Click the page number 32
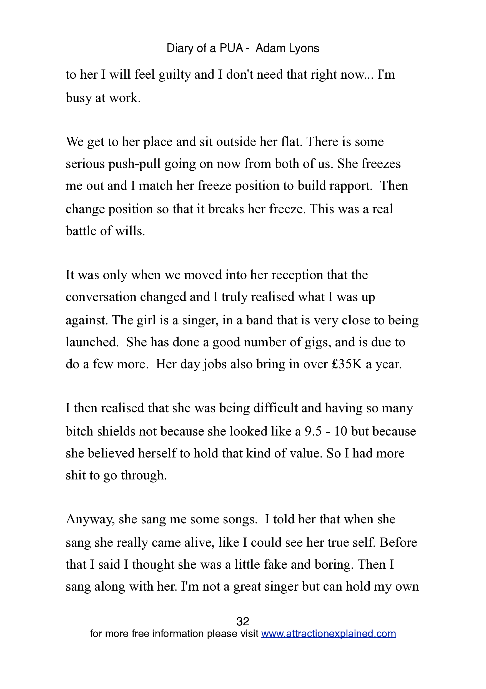pyautogui.click(x=242, y=621)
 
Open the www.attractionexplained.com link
pyautogui.click(x=329, y=634)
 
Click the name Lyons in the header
pyautogui.click(x=302, y=48)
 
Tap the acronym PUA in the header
pyautogui.click(x=231, y=48)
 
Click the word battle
pyautogui.click(x=81, y=231)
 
